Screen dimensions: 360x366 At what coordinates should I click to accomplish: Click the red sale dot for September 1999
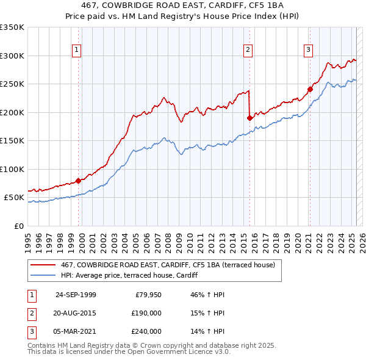pyautogui.click(x=78, y=181)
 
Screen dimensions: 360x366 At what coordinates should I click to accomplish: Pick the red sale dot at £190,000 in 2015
pyautogui.click(x=249, y=118)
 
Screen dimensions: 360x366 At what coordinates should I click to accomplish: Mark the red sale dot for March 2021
pyautogui.click(x=310, y=89)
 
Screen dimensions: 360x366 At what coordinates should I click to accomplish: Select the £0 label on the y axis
pyautogui.click(x=18, y=226)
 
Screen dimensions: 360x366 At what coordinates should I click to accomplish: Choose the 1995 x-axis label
pyautogui.click(x=27, y=240)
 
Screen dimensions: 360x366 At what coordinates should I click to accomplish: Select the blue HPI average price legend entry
pyautogui.click(x=134, y=275)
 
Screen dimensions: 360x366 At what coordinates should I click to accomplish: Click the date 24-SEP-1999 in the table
pyautogui.click(x=76, y=295)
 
